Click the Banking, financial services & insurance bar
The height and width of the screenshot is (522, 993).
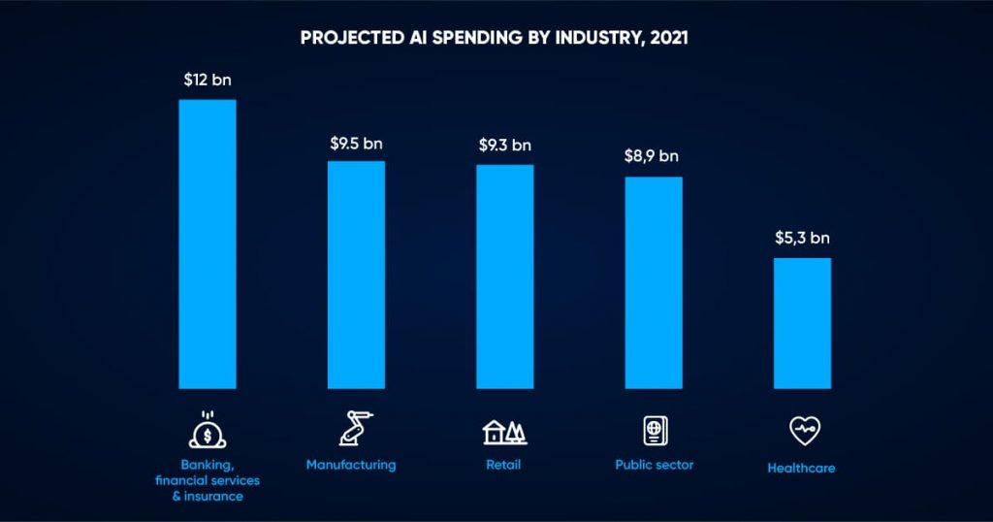pyautogui.click(x=208, y=244)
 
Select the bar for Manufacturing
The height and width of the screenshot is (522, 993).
pyautogui.click(x=356, y=275)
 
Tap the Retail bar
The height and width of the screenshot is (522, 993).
pyautogui.click(x=504, y=277)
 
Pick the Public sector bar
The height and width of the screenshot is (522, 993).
pyautogui.click(x=654, y=282)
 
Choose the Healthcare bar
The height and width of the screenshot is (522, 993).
pyautogui.click(x=802, y=322)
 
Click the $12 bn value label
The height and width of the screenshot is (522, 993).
pyautogui.click(x=208, y=81)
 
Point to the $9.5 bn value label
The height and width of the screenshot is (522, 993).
pyautogui.click(x=356, y=144)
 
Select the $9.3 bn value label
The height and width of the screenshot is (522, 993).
pyautogui.click(x=504, y=146)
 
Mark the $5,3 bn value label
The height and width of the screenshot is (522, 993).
pyautogui.click(x=802, y=238)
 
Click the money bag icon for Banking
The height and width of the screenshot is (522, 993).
pyautogui.click(x=207, y=430)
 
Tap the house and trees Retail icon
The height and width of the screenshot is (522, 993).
pyautogui.click(x=504, y=431)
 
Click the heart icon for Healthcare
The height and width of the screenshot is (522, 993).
pyautogui.click(x=802, y=431)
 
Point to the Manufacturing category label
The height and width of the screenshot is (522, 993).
pyautogui.click(x=351, y=465)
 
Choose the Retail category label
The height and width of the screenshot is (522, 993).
pyautogui.click(x=503, y=465)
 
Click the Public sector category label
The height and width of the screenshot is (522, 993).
pyautogui.click(x=656, y=465)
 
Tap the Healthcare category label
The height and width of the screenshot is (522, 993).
pyautogui.click(x=801, y=468)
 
